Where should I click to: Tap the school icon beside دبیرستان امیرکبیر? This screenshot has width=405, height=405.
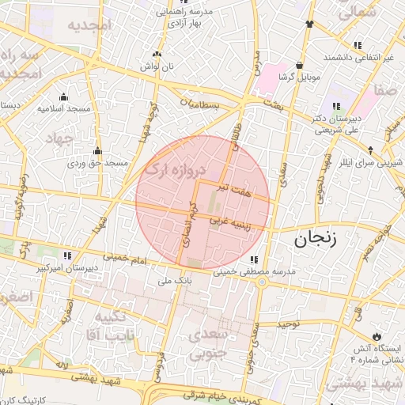66,256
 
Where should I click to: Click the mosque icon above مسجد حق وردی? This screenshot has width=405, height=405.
97,151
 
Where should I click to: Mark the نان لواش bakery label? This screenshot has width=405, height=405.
156,69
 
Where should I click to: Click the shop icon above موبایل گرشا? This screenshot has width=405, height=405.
299,66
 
